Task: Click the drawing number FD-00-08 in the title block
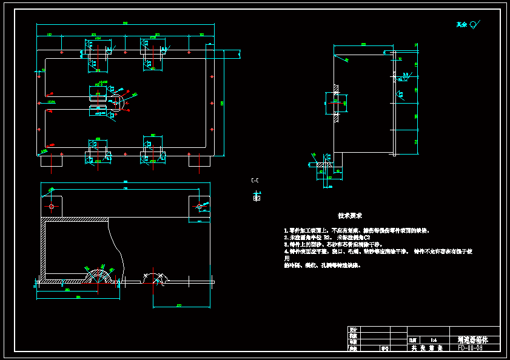(471, 348)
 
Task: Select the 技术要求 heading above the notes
(350, 216)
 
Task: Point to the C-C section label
(255, 181)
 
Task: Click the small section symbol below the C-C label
(256, 197)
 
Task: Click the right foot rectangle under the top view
(199, 162)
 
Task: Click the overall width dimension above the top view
(126, 23)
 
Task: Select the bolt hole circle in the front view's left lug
(52, 207)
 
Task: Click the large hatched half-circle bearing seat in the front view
(98, 276)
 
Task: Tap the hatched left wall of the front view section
(44, 248)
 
